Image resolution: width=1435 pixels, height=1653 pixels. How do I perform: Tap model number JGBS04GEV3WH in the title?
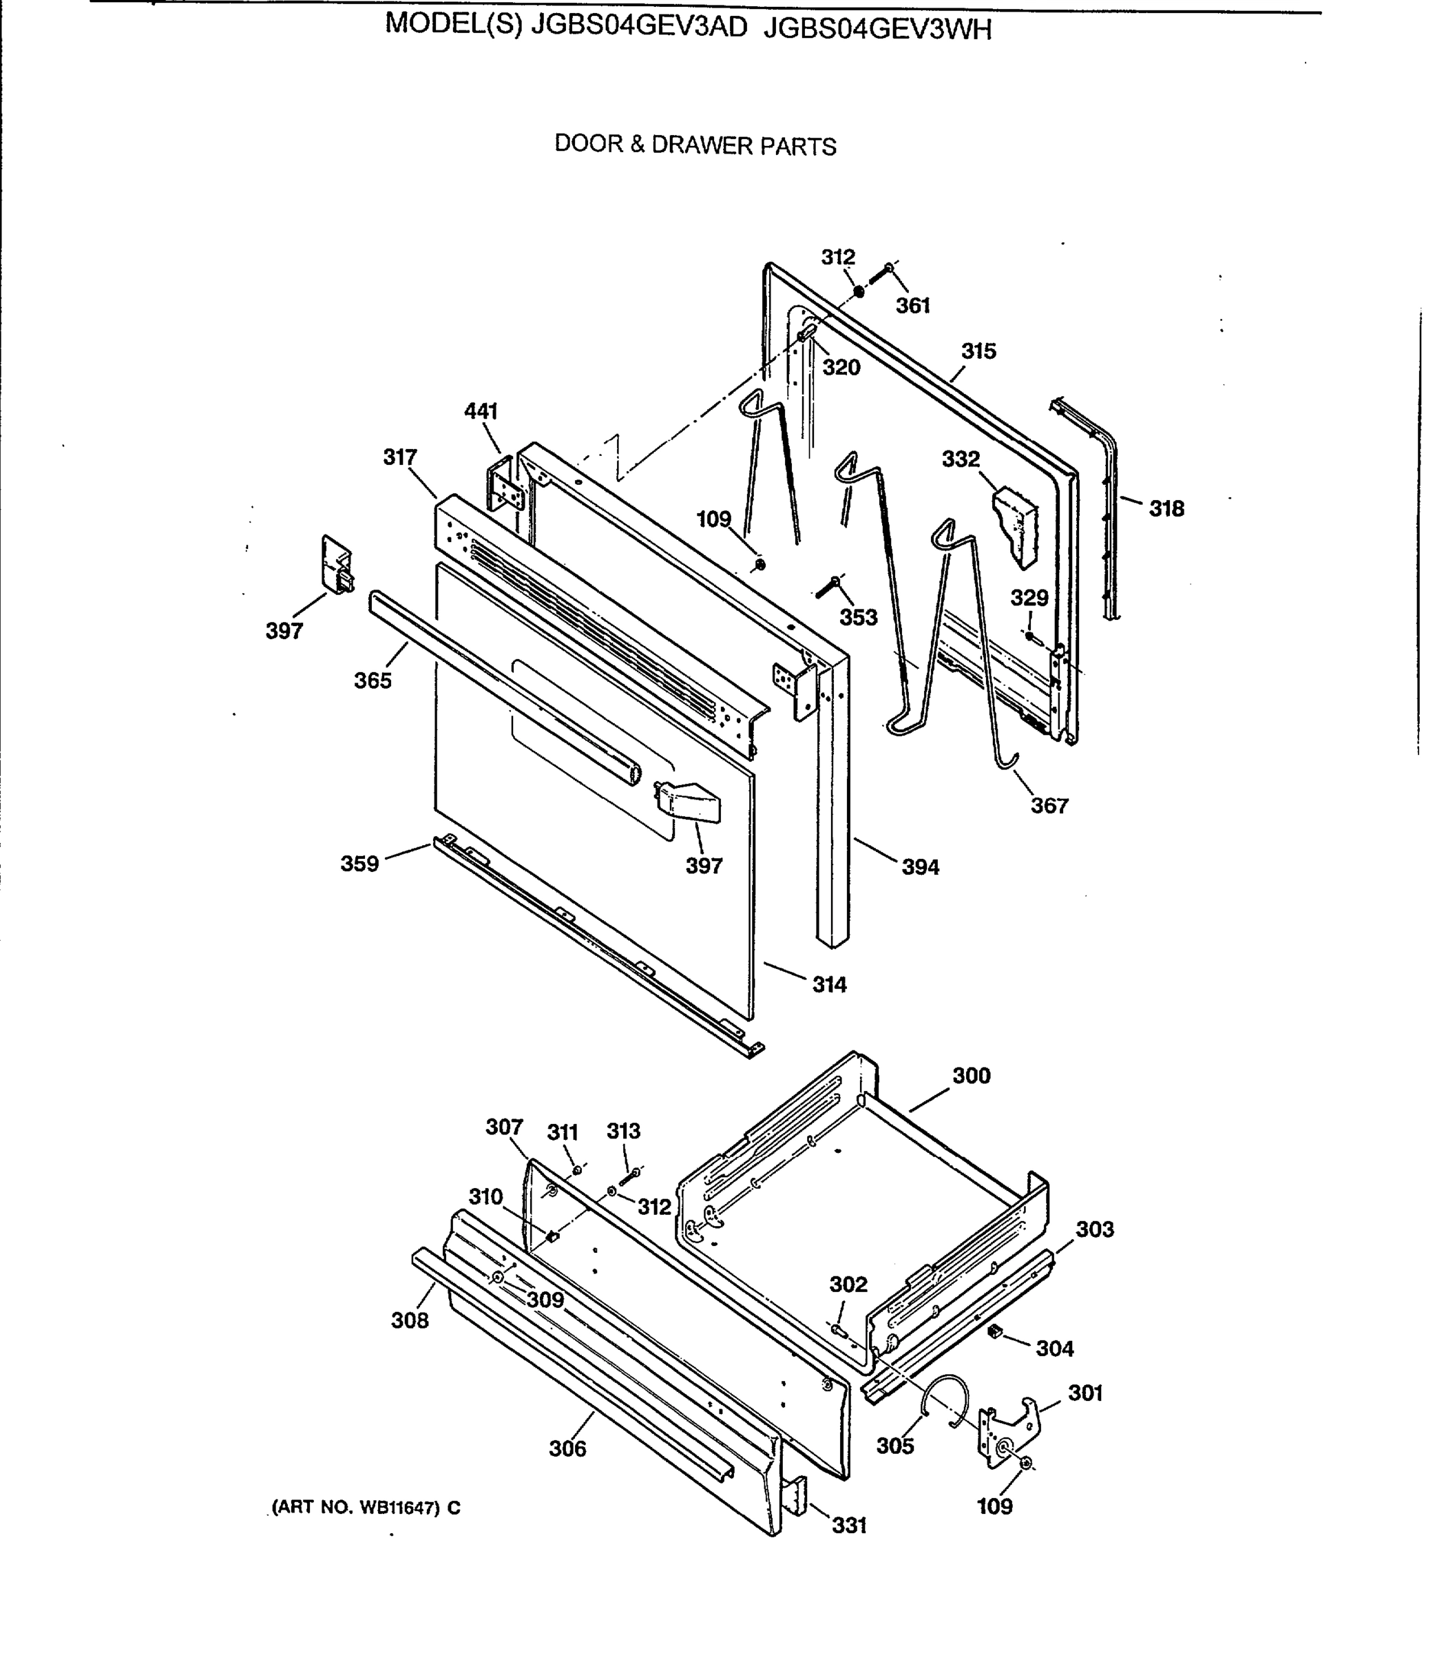coord(878,29)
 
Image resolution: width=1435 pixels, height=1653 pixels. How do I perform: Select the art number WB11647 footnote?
coord(366,1507)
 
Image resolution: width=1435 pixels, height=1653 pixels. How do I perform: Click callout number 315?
coord(978,351)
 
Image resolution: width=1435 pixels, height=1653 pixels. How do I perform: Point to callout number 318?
coord(1166,508)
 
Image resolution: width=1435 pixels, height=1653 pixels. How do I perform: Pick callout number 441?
coord(481,411)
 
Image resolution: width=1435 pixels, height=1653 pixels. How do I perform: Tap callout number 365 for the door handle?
coord(373,680)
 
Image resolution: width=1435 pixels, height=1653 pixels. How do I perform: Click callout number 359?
coord(359,863)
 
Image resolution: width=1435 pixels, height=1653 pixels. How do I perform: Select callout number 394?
coord(920,866)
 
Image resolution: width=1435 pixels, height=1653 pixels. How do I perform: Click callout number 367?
coord(1049,805)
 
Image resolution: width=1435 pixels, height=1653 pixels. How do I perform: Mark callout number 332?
coord(960,459)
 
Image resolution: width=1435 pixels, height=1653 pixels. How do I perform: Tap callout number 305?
coord(894,1446)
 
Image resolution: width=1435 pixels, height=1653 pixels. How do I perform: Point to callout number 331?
coord(849,1526)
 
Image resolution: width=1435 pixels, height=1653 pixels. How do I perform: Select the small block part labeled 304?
coord(996,1331)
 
